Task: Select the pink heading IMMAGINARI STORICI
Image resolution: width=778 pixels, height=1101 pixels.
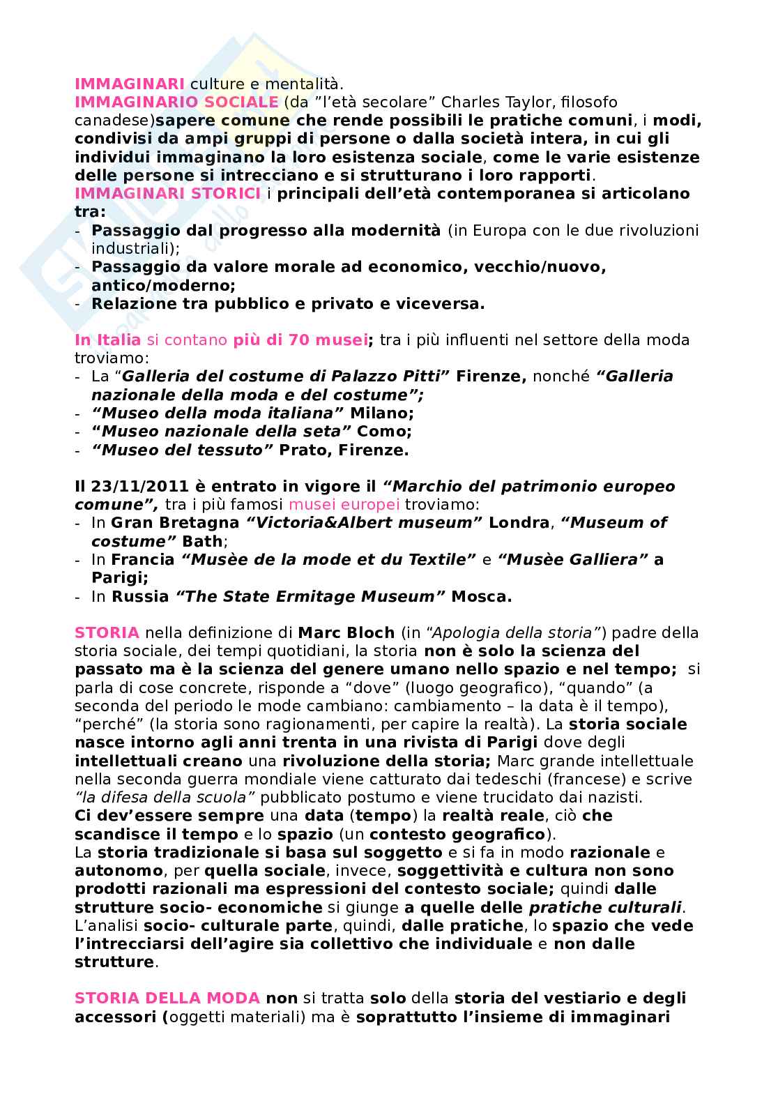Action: pos(168,193)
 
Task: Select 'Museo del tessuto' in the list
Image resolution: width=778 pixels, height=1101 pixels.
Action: pos(182,450)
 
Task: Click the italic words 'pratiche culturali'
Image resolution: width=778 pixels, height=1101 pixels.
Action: pos(605,907)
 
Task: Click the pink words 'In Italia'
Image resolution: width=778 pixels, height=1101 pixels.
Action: pos(107,340)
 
